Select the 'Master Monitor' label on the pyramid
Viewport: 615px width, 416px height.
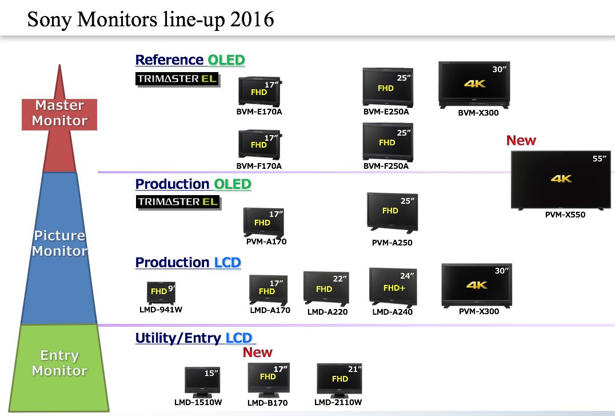pos(59,113)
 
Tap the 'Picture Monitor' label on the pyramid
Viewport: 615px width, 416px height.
pos(59,243)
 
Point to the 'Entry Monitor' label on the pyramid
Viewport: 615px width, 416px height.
pos(59,363)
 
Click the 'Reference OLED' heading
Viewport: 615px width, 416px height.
pos(190,60)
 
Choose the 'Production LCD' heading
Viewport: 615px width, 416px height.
pos(188,263)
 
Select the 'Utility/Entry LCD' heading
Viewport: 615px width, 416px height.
pos(195,338)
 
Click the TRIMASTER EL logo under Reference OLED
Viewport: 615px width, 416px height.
pos(178,78)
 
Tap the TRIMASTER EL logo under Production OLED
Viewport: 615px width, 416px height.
pos(178,202)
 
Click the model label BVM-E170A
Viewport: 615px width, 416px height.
pos(259,112)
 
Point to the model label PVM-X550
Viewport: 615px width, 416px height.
pos(565,215)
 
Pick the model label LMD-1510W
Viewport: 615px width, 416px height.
pos(198,402)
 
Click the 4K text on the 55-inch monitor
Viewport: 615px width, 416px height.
pos(561,179)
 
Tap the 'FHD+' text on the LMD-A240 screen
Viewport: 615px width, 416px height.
pos(394,288)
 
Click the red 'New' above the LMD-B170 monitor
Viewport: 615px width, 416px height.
pos(258,352)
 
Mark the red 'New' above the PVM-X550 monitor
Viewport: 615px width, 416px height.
pos(521,141)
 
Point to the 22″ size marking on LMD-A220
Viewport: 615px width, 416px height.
pos(340,279)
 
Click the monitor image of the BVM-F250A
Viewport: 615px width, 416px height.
pos(386,142)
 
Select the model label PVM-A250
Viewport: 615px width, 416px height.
pos(392,243)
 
